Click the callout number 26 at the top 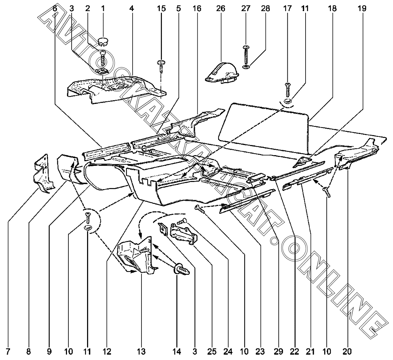pyautogui.click(x=220, y=8)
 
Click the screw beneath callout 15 pyautogui.click(x=161, y=65)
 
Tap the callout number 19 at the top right pyautogui.click(x=362, y=8)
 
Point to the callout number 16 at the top pyautogui.click(x=197, y=8)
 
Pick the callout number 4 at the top pyautogui.click(x=131, y=8)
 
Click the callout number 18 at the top pyautogui.click(x=332, y=8)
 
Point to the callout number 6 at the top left pyautogui.click(x=54, y=8)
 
